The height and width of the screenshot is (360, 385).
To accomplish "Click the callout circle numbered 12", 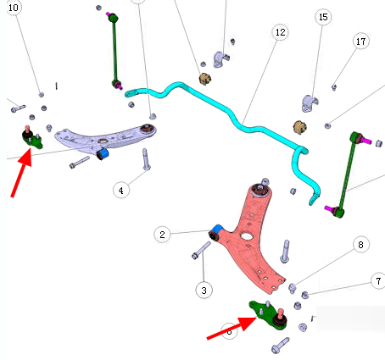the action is click(280, 32).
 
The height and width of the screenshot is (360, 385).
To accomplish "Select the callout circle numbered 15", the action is click(323, 17).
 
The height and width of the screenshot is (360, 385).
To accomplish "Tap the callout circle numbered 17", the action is click(361, 42).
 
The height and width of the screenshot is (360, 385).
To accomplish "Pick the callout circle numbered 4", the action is click(121, 191).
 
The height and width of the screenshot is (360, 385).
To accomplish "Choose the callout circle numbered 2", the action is click(162, 235).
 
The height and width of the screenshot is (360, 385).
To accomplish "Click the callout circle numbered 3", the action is click(204, 290).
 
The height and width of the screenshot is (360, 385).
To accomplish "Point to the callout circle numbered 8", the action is click(360, 244).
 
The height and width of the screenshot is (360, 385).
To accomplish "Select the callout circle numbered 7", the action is click(378, 280).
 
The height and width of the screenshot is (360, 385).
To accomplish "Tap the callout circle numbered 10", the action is click(14, 8).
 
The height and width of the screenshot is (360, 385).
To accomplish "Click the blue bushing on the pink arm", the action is click(218, 229).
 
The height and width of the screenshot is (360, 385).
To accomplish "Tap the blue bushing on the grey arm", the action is click(104, 152).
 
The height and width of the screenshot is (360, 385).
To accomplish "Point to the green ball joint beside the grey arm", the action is click(32, 137).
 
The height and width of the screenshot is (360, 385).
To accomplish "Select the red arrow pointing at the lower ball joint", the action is click(232, 328).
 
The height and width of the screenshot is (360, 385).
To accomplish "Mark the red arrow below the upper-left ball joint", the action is click(21, 172).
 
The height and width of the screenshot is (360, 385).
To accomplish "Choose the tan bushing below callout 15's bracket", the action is click(300, 127).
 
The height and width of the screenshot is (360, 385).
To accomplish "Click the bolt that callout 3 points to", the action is click(201, 251).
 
